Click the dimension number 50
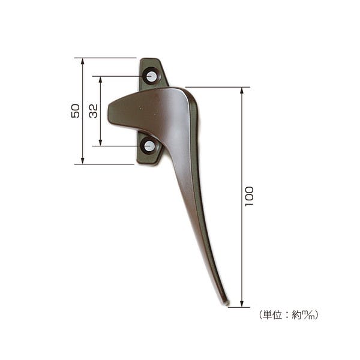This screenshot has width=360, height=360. coord(76,111)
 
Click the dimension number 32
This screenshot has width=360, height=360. coord(93,111)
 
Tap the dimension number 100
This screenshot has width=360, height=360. coord(249,197)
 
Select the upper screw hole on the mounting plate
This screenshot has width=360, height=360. coord(151,76)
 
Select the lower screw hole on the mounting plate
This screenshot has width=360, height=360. coord(149,146)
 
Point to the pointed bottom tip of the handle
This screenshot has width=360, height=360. coord(226,303)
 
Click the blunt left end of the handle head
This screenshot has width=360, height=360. coord(109,113)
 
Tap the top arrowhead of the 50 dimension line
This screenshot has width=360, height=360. coord(83,62)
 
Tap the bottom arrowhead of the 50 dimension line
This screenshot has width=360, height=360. coord(83,160)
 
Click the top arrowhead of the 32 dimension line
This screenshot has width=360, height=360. coord(100,80)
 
